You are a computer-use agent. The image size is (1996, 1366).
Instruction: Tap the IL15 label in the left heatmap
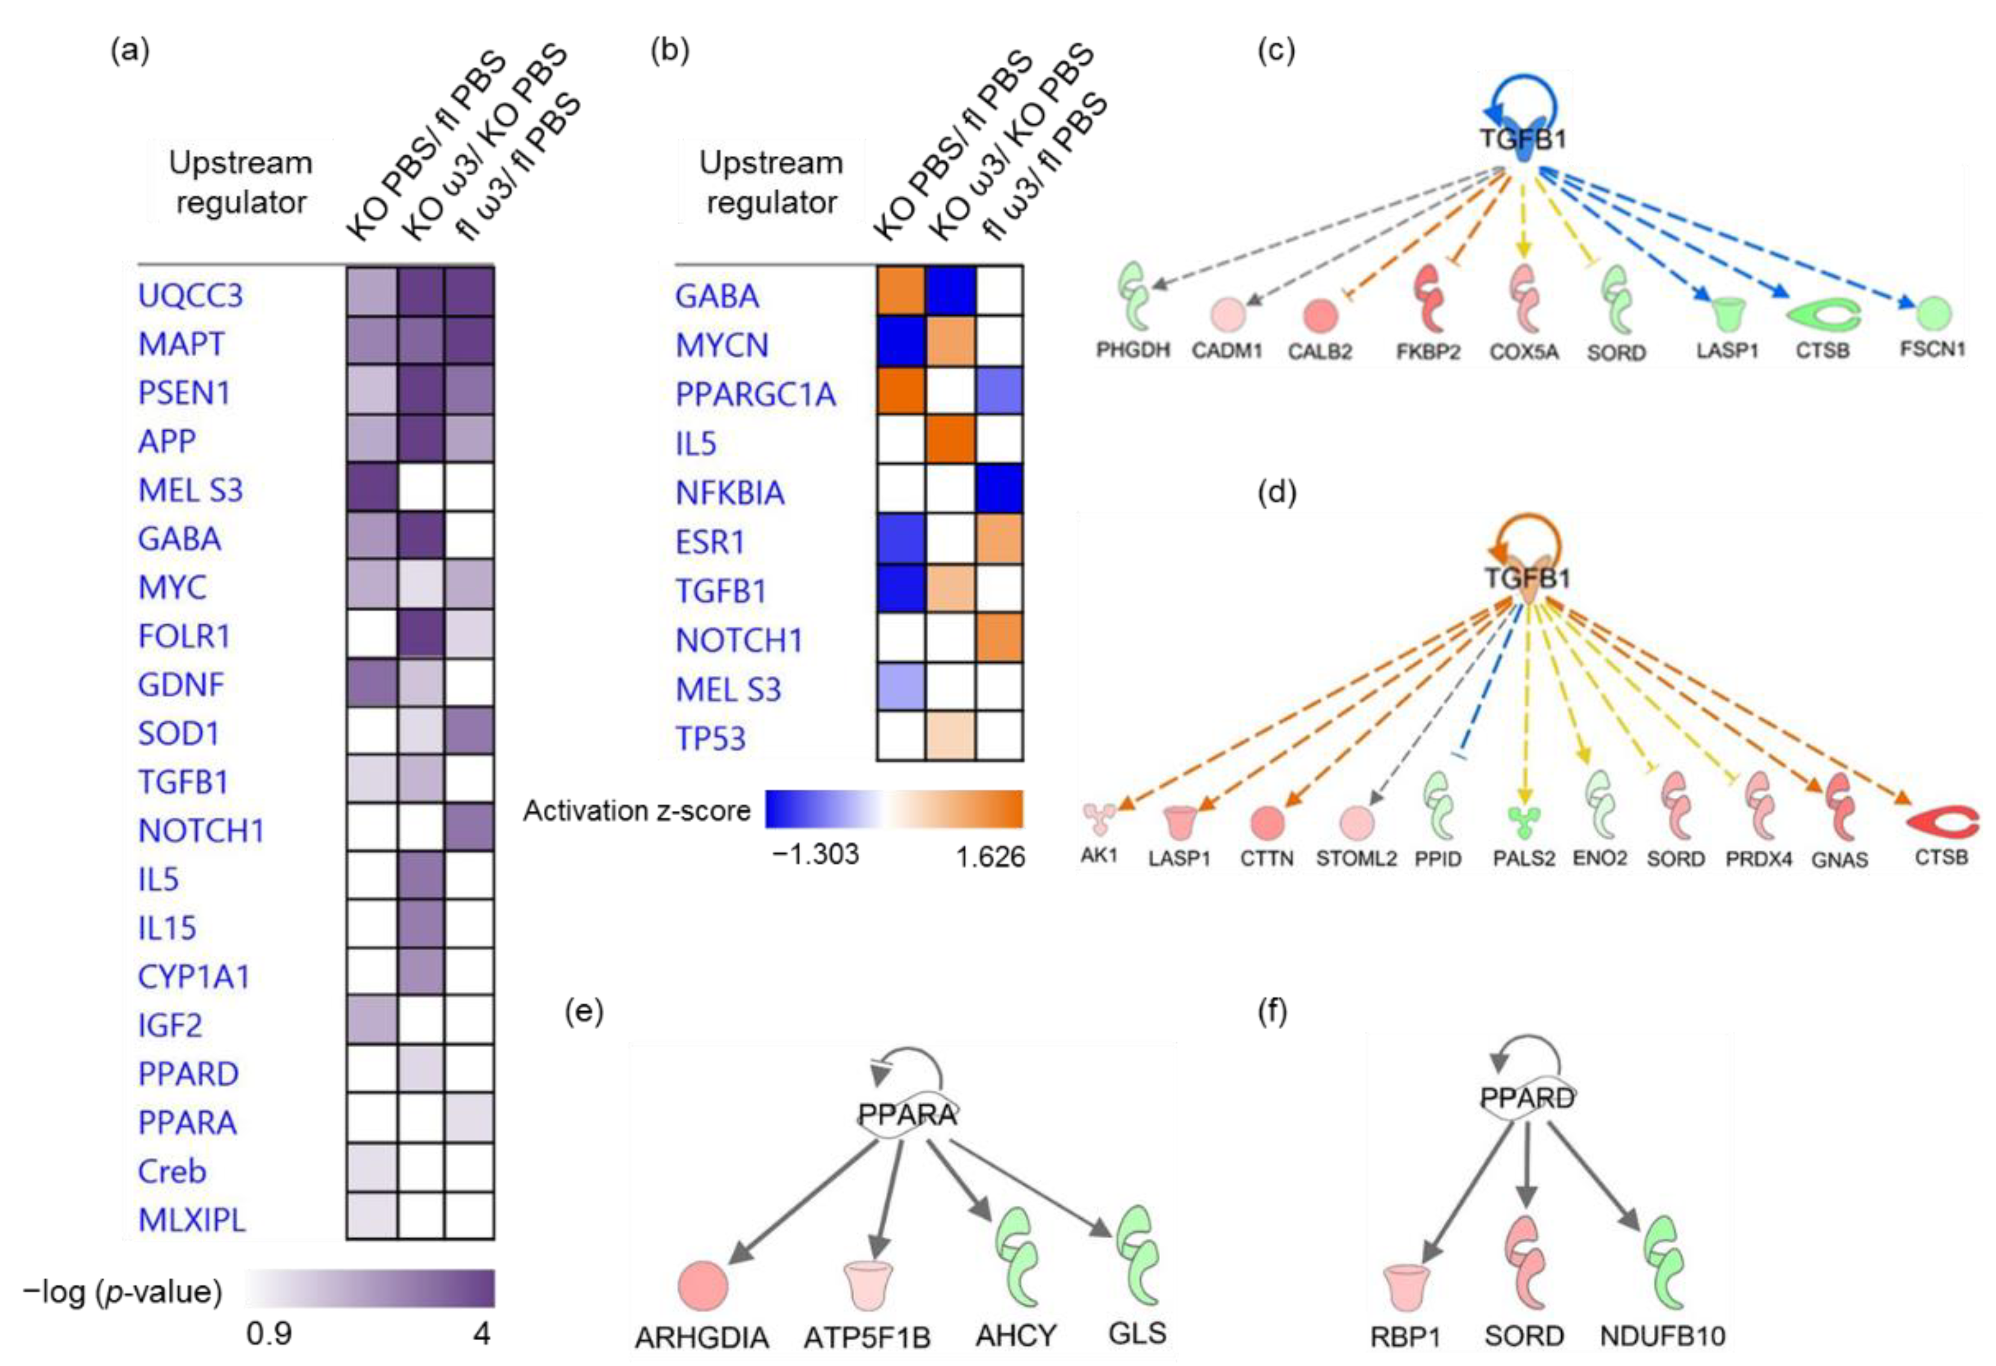point(167,928)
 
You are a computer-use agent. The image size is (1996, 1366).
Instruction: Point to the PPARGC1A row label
point(755,394)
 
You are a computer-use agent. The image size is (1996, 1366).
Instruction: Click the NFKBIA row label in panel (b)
point(729,493)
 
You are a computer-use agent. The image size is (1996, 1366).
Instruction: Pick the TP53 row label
point(710,739)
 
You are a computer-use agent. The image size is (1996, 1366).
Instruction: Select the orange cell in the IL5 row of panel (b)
point(950,440)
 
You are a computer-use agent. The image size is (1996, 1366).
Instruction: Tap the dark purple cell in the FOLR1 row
point(420,634)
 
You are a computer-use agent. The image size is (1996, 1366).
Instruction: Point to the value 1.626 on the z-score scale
point(990,857)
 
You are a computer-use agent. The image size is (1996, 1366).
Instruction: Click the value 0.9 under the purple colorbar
point(269,1334)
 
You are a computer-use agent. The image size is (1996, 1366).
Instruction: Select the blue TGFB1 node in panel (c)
point(1522,142)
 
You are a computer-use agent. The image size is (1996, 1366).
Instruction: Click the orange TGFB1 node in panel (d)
point(1526,580)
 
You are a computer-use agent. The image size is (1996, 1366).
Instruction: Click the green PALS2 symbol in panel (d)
point(1524,822)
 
